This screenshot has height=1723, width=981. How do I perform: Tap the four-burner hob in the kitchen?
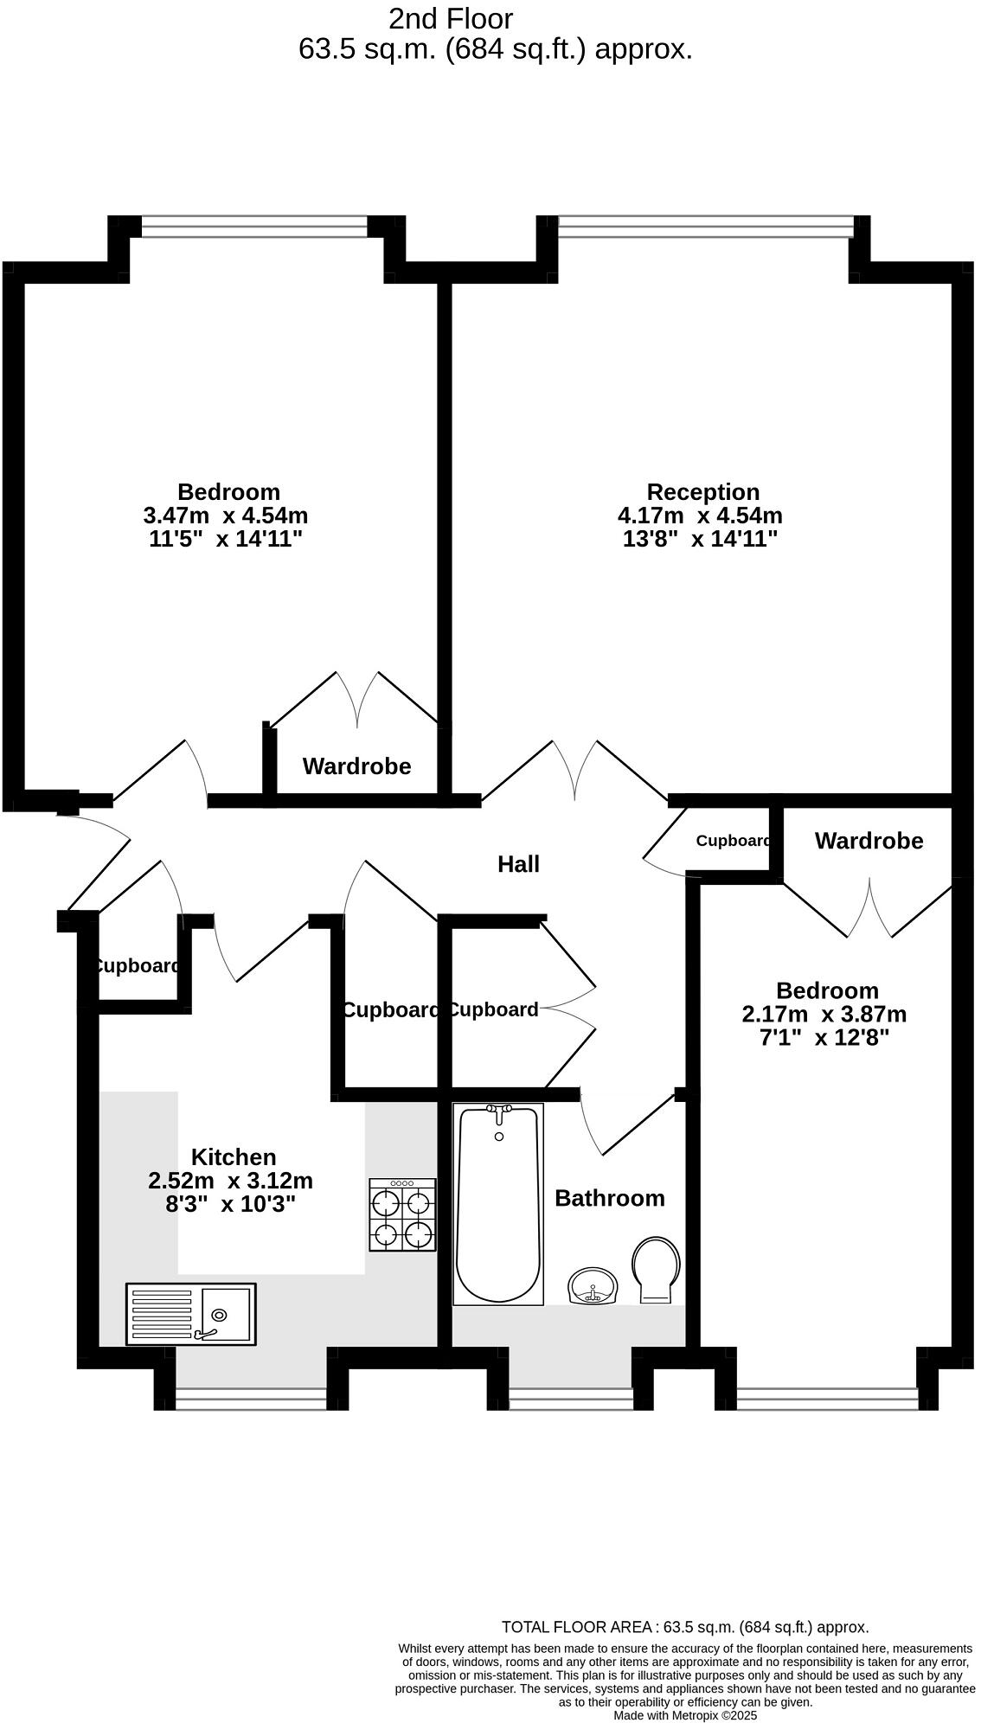click(x=402, y=1215)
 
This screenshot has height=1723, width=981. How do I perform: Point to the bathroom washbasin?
click(x=593, y=1285)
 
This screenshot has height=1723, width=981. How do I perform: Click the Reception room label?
click(x=702, y=492)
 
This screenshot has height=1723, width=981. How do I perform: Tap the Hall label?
click(x=518, y=864)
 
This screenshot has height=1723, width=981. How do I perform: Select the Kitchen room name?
click(x=234, y=1157)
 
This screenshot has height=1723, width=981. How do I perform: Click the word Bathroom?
click(x=610, y=1198)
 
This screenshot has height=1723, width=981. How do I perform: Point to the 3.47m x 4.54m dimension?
click(x=226, y=516)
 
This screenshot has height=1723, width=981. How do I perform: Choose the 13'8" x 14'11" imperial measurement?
click(x=700, y=539)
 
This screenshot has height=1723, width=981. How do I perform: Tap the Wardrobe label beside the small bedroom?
click(x=869, y=841)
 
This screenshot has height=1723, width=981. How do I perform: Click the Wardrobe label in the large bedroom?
click(x=356, y=766)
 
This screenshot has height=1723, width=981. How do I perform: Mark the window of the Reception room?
click(x=705, y=227)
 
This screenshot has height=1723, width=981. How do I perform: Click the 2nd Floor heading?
click(x=451, y=18)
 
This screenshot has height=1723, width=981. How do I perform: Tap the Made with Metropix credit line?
click(x=685, y=1715)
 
